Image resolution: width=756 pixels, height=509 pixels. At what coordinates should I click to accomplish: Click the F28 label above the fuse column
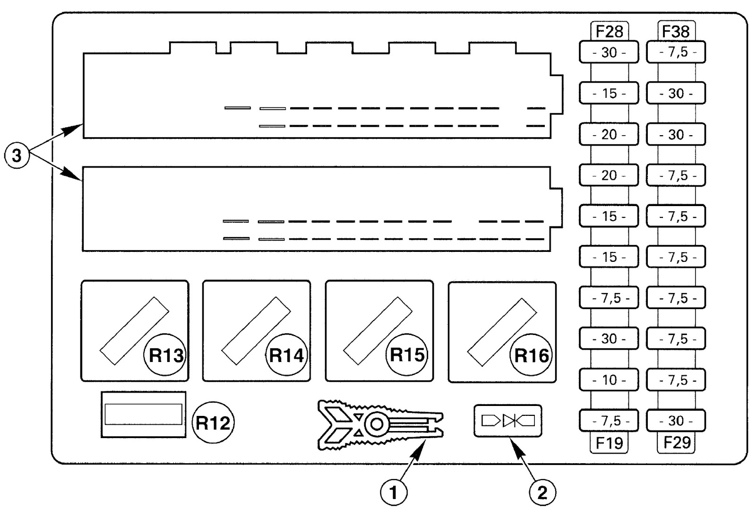[609, 32]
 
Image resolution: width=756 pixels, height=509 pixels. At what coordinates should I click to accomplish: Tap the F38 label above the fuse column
[676, 32]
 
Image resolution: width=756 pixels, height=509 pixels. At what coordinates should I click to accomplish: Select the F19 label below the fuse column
[609, 442]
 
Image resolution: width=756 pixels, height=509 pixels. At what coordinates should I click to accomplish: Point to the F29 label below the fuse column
[676, 442]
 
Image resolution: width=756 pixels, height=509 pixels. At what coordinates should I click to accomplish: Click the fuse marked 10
[609, 380]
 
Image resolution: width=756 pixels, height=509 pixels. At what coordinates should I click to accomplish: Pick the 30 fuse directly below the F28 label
[609, 52]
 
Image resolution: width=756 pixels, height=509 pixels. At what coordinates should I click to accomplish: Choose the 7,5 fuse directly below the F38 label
[676, 52]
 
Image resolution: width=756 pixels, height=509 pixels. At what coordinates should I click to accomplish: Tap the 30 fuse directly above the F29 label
[676, 421]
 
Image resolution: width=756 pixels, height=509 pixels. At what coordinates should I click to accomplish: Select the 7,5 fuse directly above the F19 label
[609, 421]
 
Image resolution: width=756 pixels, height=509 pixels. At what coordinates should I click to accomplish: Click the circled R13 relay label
[165, 355]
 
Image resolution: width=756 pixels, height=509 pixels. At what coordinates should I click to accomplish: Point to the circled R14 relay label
[286, 355]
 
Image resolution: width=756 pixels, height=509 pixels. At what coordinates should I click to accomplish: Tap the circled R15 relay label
[407, 355]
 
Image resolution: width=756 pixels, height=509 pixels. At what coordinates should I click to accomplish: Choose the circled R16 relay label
[531, 355]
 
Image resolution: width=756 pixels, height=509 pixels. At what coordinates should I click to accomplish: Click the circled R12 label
[213, 422]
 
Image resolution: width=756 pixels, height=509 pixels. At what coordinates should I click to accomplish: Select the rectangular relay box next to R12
[144, 414]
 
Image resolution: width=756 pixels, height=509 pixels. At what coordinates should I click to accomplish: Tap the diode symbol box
[508, 421]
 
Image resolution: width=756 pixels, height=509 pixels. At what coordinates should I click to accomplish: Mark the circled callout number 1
[394, 493]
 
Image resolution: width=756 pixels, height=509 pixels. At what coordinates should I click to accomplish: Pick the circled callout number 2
[542, 493]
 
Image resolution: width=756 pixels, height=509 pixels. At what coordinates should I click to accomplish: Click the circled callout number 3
[17, 155]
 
